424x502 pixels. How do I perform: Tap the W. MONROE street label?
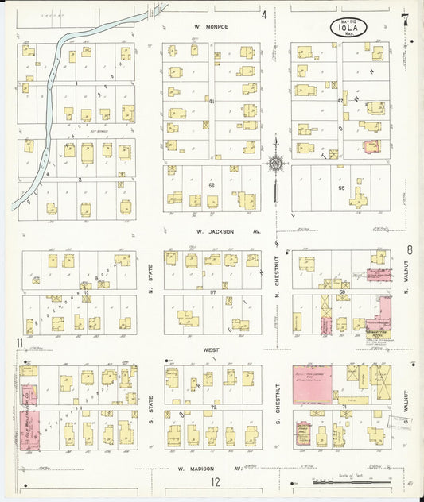[212, 26]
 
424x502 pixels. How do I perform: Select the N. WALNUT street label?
[405, 280]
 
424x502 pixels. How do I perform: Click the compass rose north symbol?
[276, 164]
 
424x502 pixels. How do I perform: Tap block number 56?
[212, 185]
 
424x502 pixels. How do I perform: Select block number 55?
[342, 188]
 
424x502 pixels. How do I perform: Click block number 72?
[213, 407]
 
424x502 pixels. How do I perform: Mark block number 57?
[213, 293]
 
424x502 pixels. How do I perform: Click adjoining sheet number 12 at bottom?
[215, 482]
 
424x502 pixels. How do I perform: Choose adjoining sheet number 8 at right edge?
[410, 250]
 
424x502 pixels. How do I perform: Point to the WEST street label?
[212, 349]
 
